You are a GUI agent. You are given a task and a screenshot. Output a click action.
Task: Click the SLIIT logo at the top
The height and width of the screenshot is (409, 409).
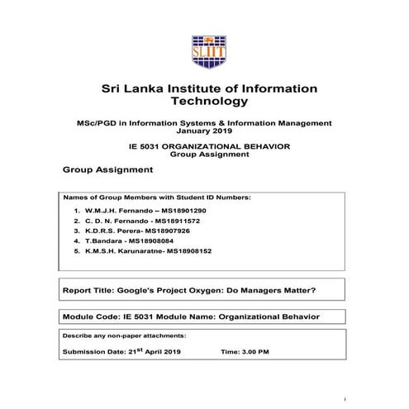[x=207, y=51]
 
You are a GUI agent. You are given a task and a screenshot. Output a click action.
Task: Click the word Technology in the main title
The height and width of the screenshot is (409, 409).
[x=208, y=102]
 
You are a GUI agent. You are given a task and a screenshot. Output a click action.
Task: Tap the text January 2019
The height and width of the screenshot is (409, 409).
[x=205, y=131]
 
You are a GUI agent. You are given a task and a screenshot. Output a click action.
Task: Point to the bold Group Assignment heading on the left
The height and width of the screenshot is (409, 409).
[x=107, y=169]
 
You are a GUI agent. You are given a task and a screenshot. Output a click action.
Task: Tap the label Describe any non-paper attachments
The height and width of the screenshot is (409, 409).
[x=124, y=336]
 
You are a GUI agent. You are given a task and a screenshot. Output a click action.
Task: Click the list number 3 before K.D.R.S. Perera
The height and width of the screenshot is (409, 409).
[x=76, y=232]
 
